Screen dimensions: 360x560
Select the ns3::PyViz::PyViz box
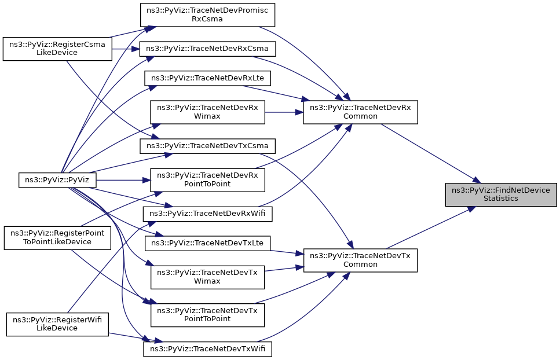pos(57,180)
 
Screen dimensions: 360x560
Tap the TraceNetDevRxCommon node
pos(360,112)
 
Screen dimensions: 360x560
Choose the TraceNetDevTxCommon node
pos(360,260)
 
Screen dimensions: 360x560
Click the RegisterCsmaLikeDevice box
pos(57,48)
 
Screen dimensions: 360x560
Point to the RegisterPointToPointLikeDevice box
pos(57,237)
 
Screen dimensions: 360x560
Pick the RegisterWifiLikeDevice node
pos(57,324)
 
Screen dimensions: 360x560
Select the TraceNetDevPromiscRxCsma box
pos(207,14)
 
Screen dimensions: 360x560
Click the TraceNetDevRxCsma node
pos(207,49)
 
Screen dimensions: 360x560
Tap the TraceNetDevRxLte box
pos(207,77)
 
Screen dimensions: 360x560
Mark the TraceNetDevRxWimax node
pos(207,112)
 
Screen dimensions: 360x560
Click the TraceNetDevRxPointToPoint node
pos(207,179)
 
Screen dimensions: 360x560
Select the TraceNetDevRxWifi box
pos(207,214)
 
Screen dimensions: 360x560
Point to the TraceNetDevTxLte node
pos(207,243)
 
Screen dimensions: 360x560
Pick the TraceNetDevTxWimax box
pos(207,277)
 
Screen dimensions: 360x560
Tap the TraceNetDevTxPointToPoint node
pos(207,314)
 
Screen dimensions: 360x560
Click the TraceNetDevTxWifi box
pos(207,350)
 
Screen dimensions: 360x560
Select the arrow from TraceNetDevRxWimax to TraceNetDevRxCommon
pos(284,112)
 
